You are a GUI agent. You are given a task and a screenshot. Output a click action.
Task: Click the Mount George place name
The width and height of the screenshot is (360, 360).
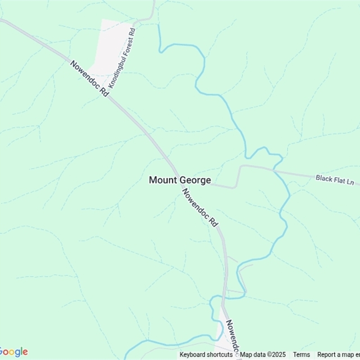point(180,180)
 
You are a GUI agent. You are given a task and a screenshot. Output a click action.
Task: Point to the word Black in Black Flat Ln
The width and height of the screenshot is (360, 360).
point(324,178)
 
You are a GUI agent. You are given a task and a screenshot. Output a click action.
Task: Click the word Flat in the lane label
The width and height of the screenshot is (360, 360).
point(341,180)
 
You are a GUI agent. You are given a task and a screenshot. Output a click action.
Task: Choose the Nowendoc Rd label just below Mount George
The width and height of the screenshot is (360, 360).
point(200,207)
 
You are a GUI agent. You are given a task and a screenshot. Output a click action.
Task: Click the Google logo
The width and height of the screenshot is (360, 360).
point(14,352)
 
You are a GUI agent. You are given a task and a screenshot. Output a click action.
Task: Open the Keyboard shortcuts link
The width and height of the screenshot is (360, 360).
point(206,355)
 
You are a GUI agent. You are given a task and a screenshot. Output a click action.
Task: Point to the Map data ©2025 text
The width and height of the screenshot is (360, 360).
point(263,355)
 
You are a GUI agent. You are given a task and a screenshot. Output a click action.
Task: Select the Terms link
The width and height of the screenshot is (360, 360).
point(301,355)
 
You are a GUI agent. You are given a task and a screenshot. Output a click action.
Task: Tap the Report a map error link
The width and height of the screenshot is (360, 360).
point(338,355)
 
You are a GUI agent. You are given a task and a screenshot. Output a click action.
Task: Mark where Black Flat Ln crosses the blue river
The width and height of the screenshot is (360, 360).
point(275,171)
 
